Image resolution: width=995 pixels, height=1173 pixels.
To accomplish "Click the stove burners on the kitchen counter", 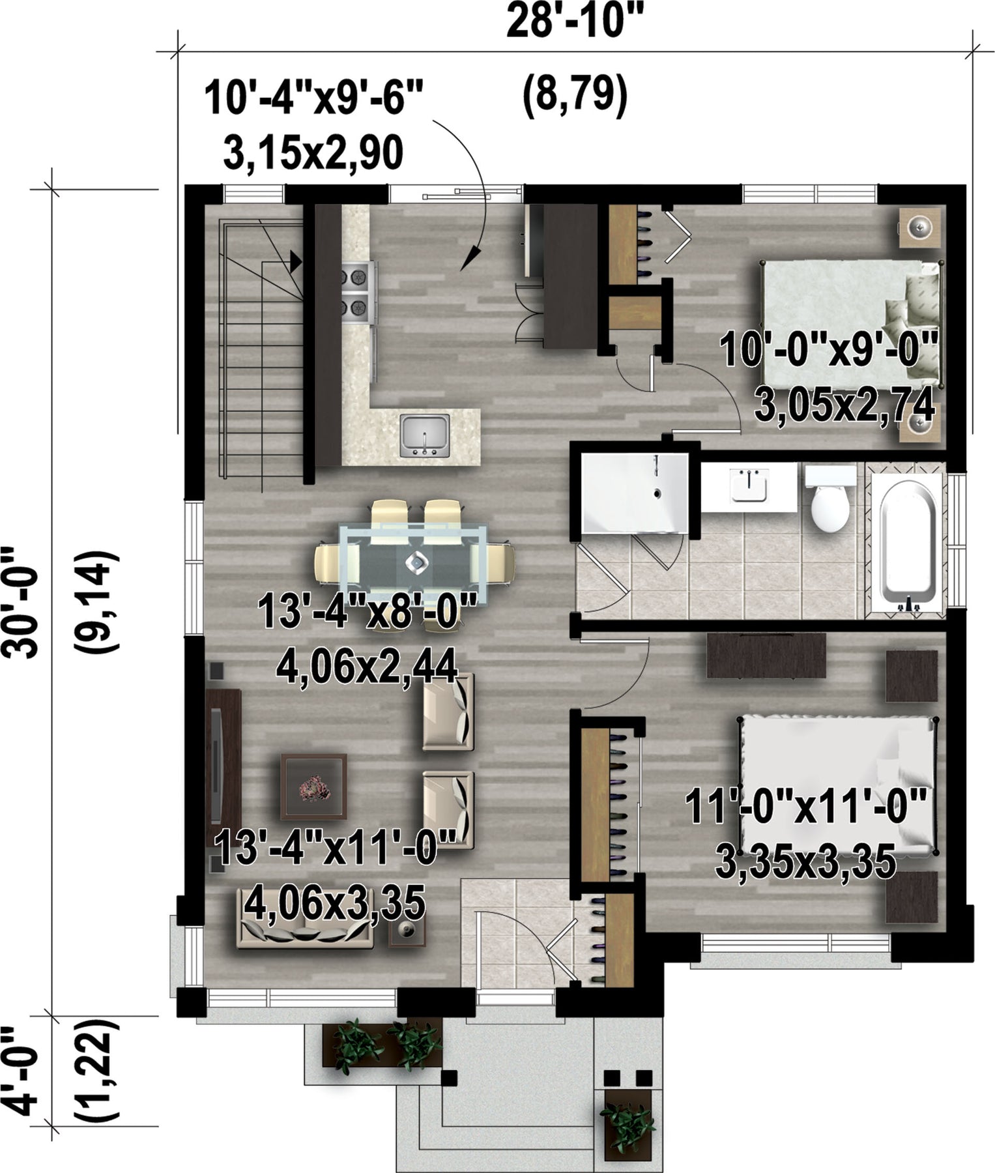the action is click(x=358, y=291).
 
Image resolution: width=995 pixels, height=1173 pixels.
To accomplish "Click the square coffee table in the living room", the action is click(x=313, y=787).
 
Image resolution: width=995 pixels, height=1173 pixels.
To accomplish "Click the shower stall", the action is click(x=634, y=493).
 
